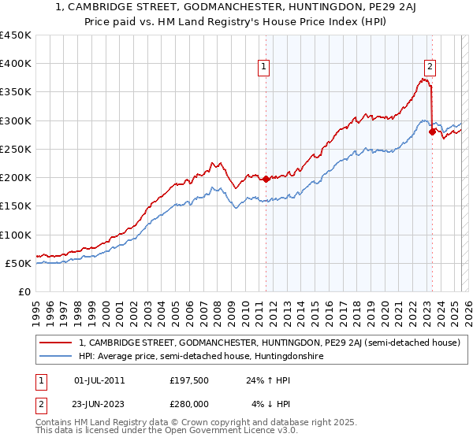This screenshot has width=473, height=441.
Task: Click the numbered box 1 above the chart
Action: tap(263, 68)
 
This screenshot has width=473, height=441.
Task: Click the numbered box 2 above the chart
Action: tap(430, 68)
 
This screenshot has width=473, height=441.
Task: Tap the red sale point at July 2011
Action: tap(266, 179)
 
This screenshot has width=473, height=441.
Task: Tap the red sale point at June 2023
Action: tap(432, 132)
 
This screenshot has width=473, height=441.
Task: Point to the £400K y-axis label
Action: tap(16, 64)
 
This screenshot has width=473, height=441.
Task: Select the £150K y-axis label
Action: tap(16, 206)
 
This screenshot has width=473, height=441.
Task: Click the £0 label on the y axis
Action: tap(24, 291)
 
